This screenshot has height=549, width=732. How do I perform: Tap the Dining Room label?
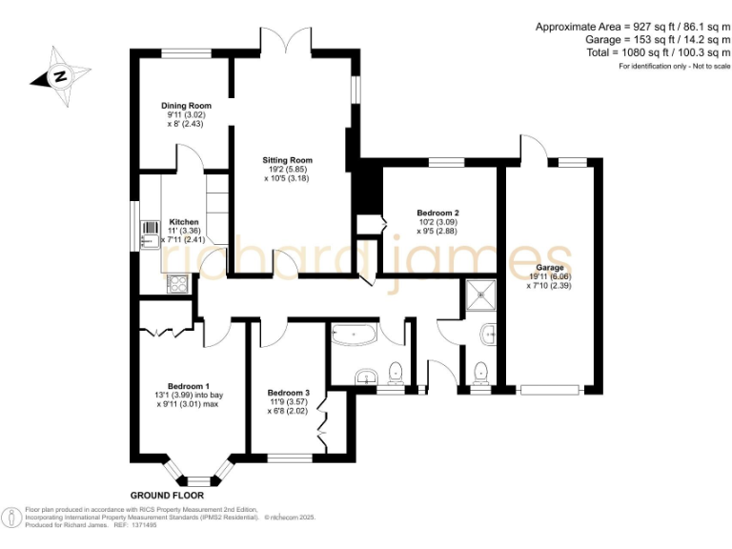point(186,106)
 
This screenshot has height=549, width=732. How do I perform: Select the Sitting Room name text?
point(288,160)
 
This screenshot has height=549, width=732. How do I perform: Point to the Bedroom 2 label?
point(438,213)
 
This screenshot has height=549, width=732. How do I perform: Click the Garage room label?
point(549,268)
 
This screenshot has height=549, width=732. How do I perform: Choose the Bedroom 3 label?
point(288,393)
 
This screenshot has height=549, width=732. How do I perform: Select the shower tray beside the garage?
point(481,295)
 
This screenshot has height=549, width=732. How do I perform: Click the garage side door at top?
point(530,151)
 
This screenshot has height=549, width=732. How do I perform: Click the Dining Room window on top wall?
point(186,53)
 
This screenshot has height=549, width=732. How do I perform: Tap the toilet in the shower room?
point(480,371)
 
